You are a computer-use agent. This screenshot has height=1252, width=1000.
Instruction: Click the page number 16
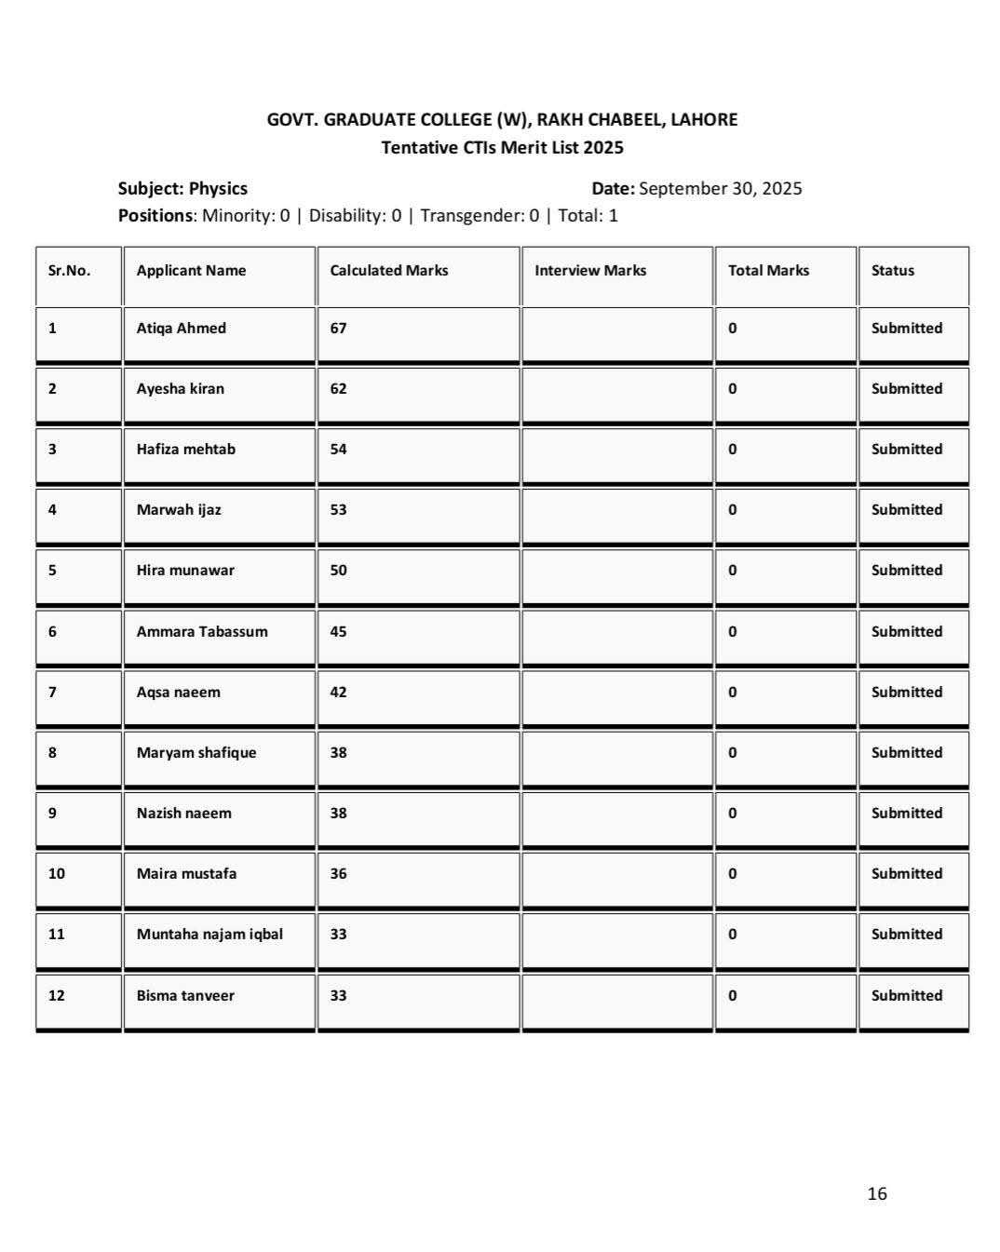[876, 1193]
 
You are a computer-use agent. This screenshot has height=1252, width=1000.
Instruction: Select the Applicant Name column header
[191, 271]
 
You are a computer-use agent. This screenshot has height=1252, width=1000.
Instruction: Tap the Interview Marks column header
[589, 271]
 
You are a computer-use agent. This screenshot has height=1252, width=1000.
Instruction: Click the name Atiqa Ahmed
[181, 328]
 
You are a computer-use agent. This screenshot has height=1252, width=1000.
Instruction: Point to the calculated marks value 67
[338, 328]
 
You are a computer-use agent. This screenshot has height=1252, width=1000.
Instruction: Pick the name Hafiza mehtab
[185, 449]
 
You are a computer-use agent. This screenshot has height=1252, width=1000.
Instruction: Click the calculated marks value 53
[338, 509]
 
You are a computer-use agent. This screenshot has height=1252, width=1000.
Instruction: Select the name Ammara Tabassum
[202, 631]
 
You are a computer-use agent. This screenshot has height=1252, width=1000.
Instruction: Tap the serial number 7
[52, 692]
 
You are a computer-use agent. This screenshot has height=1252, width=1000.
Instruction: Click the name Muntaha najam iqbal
[209, 934]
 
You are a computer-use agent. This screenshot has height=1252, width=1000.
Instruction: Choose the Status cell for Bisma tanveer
[906, 995]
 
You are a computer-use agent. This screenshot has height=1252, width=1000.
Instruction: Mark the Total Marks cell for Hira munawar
[733, 571]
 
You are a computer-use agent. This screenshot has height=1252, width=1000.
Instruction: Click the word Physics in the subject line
[218, 189]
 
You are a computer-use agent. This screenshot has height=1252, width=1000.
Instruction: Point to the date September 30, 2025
[720, 189]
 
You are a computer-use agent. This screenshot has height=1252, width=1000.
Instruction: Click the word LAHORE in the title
[704, 120]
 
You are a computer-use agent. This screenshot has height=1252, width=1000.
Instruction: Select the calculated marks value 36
[338, 873]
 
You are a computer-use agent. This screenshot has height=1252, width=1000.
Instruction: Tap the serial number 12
[57, 995]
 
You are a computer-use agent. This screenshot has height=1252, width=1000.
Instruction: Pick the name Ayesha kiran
[180, 388]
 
